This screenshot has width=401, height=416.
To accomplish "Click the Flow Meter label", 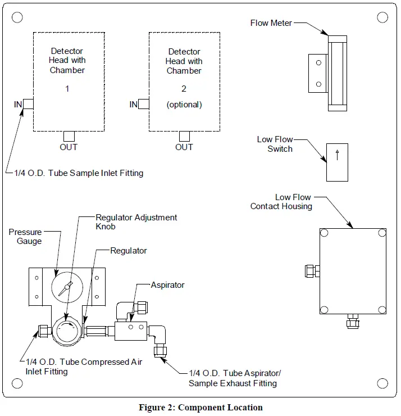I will point(271,23).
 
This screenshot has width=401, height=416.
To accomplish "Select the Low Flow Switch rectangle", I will point(337,162).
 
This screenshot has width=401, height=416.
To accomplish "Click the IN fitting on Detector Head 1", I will point(28,104).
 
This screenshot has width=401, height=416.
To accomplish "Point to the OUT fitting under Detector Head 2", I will point(184,136).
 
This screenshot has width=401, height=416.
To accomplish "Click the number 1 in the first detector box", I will point(67,88).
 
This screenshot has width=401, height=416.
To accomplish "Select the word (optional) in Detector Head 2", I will point(184,105).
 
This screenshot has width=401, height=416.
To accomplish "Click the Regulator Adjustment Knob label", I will point(136,221).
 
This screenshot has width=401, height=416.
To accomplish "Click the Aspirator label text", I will point(167,285).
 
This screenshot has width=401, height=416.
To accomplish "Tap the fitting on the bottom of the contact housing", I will point(352,322).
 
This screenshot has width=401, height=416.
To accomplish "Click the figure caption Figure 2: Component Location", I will point(200,408).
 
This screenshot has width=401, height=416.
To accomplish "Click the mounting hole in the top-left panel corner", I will point(17,17).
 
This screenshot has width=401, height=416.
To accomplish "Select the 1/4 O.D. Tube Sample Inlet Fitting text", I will point(79,173).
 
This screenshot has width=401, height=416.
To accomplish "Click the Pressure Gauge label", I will point(25,236).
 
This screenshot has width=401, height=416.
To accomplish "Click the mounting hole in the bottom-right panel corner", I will point(382,383).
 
